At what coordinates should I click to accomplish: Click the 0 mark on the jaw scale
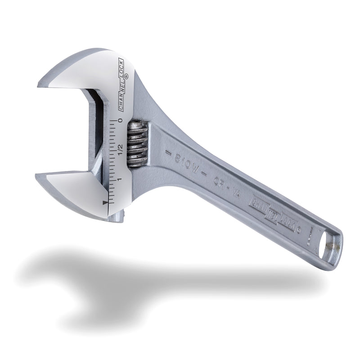click(120, 121)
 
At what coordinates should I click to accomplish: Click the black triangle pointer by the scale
click(105, 203)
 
